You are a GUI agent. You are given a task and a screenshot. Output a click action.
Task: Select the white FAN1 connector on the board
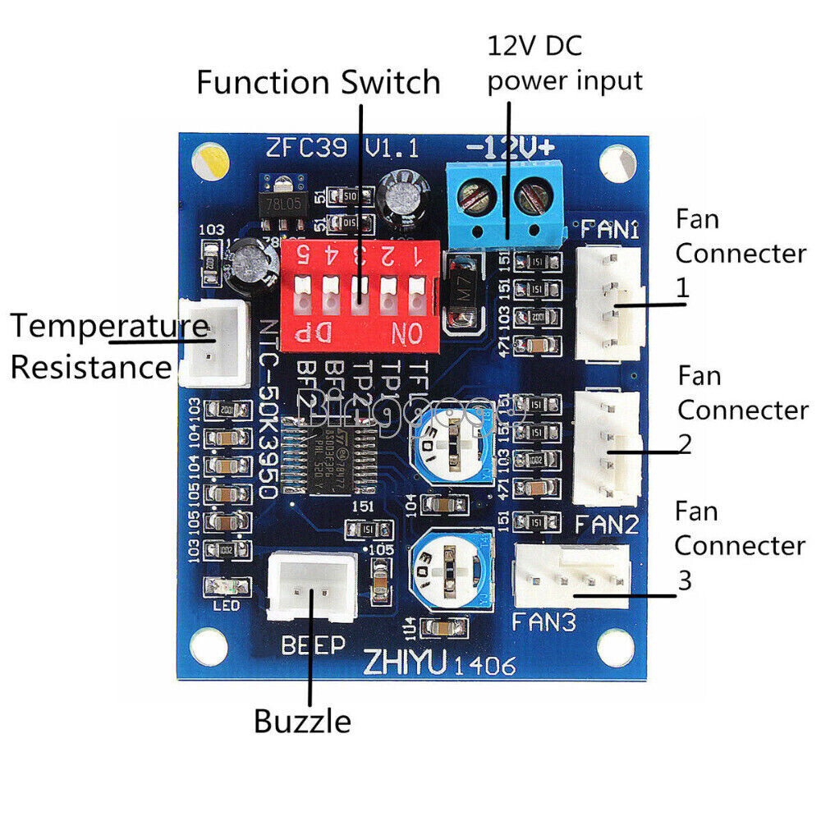(x=610, y=304)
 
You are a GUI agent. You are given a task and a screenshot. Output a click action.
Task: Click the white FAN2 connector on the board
(x=608, y=448)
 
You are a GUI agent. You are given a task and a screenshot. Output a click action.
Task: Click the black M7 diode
(x=461, y=291)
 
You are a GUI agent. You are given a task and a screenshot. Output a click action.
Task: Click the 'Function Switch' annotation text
(x=319, y=83)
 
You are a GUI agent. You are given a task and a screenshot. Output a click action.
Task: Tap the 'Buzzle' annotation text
(x=302, y=722)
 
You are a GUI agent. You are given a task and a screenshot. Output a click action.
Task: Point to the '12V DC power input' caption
(x=565, y=62)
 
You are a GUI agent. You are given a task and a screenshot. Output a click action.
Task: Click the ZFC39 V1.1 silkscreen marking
(x=342, y=149)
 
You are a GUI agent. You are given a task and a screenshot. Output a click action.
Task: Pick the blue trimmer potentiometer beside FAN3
(x=450, y=564)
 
